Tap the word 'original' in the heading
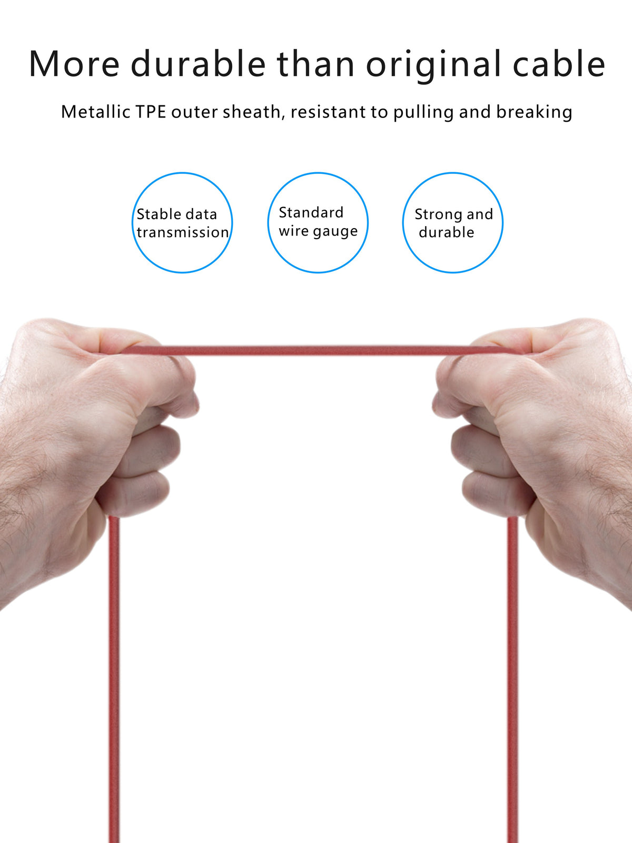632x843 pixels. click(433, 65)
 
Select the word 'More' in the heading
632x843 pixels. click(74, 64)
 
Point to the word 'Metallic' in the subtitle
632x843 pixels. click(95, 112)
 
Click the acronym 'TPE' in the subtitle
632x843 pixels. click(151, 112)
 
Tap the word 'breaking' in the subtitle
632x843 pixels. click(534, 112)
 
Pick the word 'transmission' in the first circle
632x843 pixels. click(183, 232)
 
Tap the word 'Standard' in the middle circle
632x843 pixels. click(311, 212)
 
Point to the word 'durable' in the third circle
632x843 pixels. click(446, 232)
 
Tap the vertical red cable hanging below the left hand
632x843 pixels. click(114, 680)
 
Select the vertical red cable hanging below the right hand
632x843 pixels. click(513, 680)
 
